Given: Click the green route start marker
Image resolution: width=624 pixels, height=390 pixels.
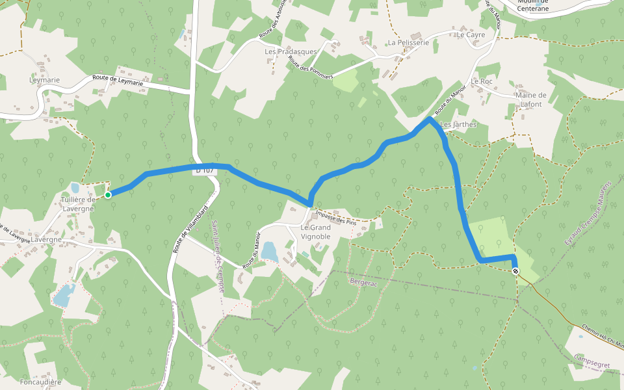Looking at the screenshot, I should (108, 194).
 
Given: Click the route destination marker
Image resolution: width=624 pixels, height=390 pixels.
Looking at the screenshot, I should (515, 271).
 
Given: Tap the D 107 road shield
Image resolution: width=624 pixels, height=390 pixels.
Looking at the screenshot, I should (204, 170).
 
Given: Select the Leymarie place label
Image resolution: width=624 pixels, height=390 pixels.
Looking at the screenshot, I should (44, 80).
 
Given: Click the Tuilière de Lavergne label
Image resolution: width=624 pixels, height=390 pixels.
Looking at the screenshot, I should (78, 204).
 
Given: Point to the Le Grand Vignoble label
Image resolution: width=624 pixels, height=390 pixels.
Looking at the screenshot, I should (315, 232).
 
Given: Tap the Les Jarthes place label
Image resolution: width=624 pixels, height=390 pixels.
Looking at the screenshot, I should (458, 124).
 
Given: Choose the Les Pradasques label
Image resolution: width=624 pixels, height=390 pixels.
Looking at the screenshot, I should (291, 51).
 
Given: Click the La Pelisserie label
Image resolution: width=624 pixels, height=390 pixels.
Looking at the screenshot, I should (408, 42).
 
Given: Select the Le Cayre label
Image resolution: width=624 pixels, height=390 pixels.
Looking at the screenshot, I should (471, 35).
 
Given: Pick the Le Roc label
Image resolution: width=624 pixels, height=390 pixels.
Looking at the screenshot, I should (482, 81).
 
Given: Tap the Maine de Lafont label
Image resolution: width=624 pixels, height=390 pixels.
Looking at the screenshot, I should (531, 99).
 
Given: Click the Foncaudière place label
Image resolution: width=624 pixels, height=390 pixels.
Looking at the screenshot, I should (40, 382).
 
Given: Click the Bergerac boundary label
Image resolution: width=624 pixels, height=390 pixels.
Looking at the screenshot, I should (364, 283).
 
